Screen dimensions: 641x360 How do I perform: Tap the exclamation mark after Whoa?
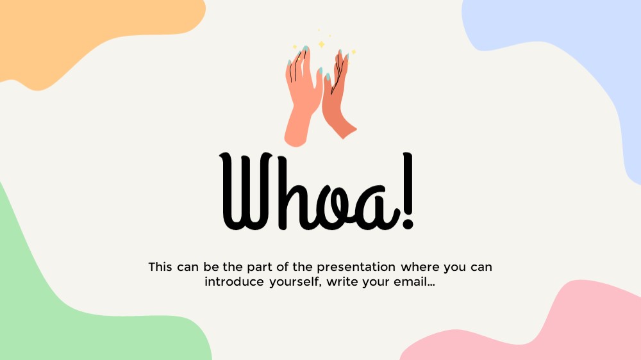coord(408,190)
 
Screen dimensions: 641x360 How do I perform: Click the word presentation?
coord(356,268)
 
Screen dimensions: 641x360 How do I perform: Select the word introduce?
coord(234,282)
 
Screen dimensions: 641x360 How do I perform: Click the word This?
coord(160,267)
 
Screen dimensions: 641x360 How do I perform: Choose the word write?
coord(342,282)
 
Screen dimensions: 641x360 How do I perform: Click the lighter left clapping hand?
coord(302,98)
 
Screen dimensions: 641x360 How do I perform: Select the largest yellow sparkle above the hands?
coord(322,44)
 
